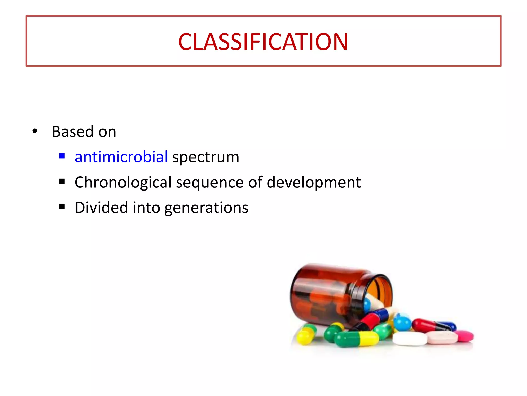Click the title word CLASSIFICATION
(x=263, y=42)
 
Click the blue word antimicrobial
(x=121, y=157)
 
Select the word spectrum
(x=206, y=157)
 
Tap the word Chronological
(x=123, y=182)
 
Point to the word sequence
(x=209, y=182)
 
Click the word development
(x=314, y=182)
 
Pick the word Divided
(x=101, y=208)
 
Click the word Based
(x=73, y=131)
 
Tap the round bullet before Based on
(x=35, y=131)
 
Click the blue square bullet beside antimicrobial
(x=62, y=156)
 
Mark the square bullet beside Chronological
(x=62, y=181)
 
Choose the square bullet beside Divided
(x=62, y=207)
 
